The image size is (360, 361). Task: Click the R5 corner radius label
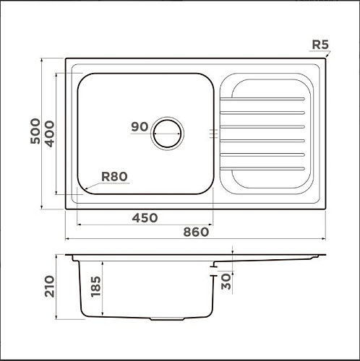point(320,45)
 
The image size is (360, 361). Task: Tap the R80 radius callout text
point(114,177)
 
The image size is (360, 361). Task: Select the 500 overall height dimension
point(35,131)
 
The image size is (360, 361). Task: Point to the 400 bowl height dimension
point(50,134)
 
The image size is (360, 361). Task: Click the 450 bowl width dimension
point(145,218)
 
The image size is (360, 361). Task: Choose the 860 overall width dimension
point(196,232)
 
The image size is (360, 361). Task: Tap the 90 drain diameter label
point(140,127)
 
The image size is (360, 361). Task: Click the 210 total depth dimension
point(50,287)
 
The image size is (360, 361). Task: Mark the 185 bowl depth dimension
point(95,287)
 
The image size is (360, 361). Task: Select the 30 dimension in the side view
point(226,282)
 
